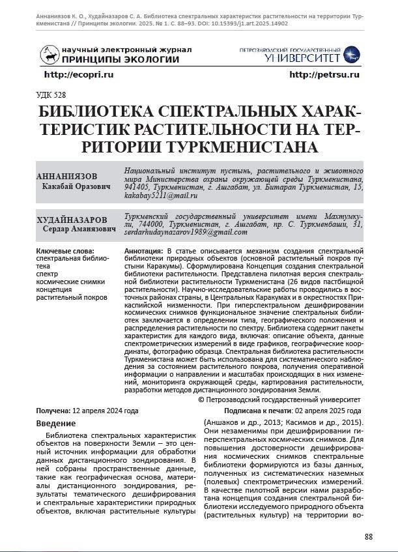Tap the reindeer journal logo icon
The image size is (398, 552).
[x=50, y=55]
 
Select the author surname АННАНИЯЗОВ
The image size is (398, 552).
[x=66, y=177]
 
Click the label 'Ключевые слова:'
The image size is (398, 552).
[x=65, y=251]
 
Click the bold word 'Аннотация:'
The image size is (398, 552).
[x=144, y=251]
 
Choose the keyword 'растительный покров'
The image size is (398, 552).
[x=72, y=297]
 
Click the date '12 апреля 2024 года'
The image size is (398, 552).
[x=105, y=411]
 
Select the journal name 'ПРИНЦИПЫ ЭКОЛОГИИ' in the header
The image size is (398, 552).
[x=120, y=60]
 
